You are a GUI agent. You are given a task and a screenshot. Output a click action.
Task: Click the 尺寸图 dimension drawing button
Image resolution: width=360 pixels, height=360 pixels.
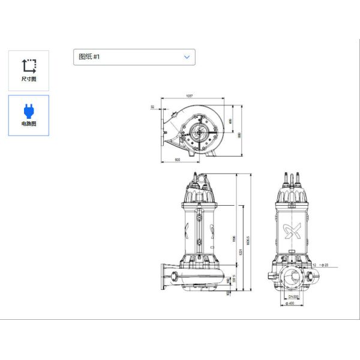point(29,70)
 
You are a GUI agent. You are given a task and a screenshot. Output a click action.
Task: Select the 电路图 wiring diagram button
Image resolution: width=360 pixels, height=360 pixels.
point(29,115)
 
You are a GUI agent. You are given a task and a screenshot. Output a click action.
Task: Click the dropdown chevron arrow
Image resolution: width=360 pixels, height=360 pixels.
point(187,57)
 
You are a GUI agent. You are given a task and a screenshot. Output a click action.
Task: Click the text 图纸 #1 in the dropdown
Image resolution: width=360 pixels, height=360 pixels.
point(89,57)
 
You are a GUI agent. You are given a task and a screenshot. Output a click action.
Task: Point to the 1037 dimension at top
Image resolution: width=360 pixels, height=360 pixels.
point(190,96)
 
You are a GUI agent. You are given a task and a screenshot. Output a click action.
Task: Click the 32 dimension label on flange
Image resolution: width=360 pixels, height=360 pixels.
point(152,107)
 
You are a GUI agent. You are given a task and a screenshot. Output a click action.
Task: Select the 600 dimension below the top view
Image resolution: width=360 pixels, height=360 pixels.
point(178,160)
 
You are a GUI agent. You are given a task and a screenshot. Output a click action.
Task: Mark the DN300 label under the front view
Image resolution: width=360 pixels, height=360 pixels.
point(293,297)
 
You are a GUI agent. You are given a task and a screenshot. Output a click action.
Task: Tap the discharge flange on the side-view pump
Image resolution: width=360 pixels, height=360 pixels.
point(162,275)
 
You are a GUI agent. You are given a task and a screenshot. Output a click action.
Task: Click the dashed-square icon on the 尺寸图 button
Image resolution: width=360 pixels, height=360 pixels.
point(29,65)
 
